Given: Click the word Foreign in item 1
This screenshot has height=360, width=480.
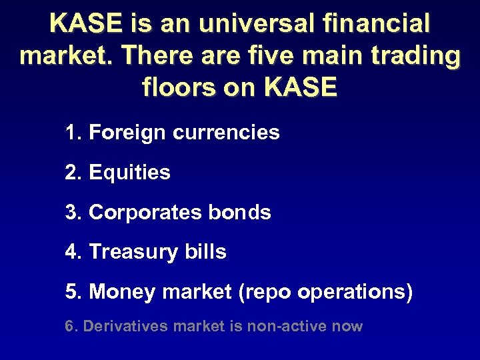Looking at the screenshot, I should pos(127,133).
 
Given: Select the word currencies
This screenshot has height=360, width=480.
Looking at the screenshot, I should pos(226,133).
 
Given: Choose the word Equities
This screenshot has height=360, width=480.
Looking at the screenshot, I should pos(129,173).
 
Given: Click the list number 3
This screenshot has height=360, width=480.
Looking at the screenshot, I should pos(71,213).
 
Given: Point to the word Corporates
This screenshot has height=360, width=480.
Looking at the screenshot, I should pos(144,213).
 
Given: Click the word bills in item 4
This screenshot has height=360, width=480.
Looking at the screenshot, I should pos(207,252).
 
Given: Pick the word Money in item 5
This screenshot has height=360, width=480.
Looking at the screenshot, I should pos(118,292).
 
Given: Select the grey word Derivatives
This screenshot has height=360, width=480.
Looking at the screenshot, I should pos(126,327).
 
